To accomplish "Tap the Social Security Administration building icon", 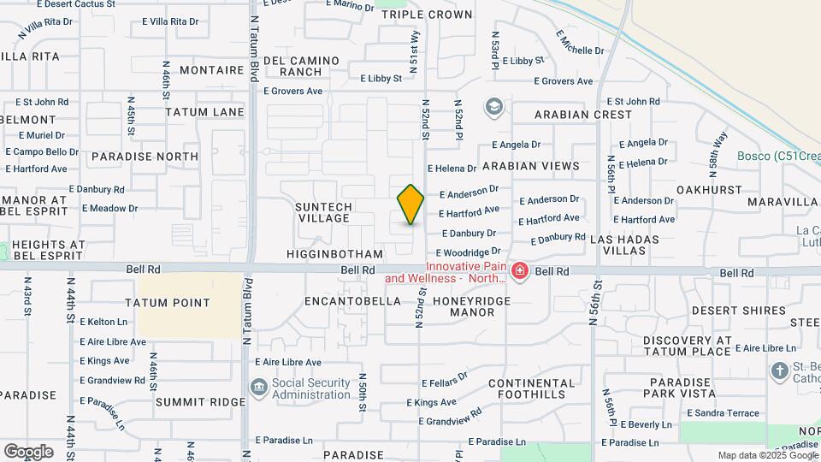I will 257,388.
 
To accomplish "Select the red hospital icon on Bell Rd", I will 519,272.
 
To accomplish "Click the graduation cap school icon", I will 493,107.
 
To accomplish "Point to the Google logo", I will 28,452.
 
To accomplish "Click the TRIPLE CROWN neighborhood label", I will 427,15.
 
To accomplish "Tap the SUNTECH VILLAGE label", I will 322,212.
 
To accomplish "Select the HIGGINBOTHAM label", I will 335,254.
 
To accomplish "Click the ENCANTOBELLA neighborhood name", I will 353,301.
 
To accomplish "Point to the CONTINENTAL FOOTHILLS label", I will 527,388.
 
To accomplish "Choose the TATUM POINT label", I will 168,303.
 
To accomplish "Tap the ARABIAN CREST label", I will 583,114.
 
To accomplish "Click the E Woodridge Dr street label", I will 468,252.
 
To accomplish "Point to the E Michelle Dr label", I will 579,42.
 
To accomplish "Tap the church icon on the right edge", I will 779,371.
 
